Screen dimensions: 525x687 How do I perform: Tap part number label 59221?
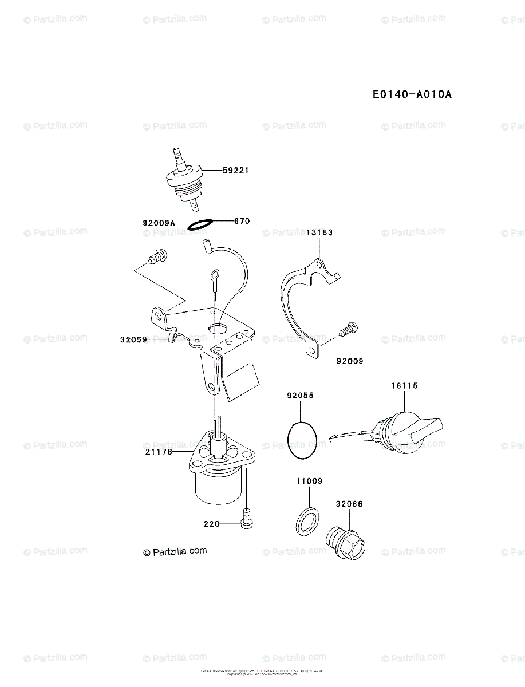click(236, 170)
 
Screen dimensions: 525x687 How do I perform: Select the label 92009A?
click(159, 224)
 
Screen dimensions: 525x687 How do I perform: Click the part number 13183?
click(319, 233)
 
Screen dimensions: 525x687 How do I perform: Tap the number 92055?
click(301, 396)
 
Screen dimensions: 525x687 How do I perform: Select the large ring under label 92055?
click(302, 440)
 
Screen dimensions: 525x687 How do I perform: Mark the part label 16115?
click(405, 386)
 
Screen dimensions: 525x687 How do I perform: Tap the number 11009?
click(309, 481)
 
